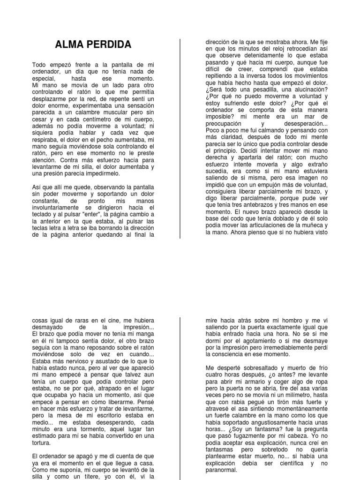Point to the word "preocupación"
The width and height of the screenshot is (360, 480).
click(x=226, y=124)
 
